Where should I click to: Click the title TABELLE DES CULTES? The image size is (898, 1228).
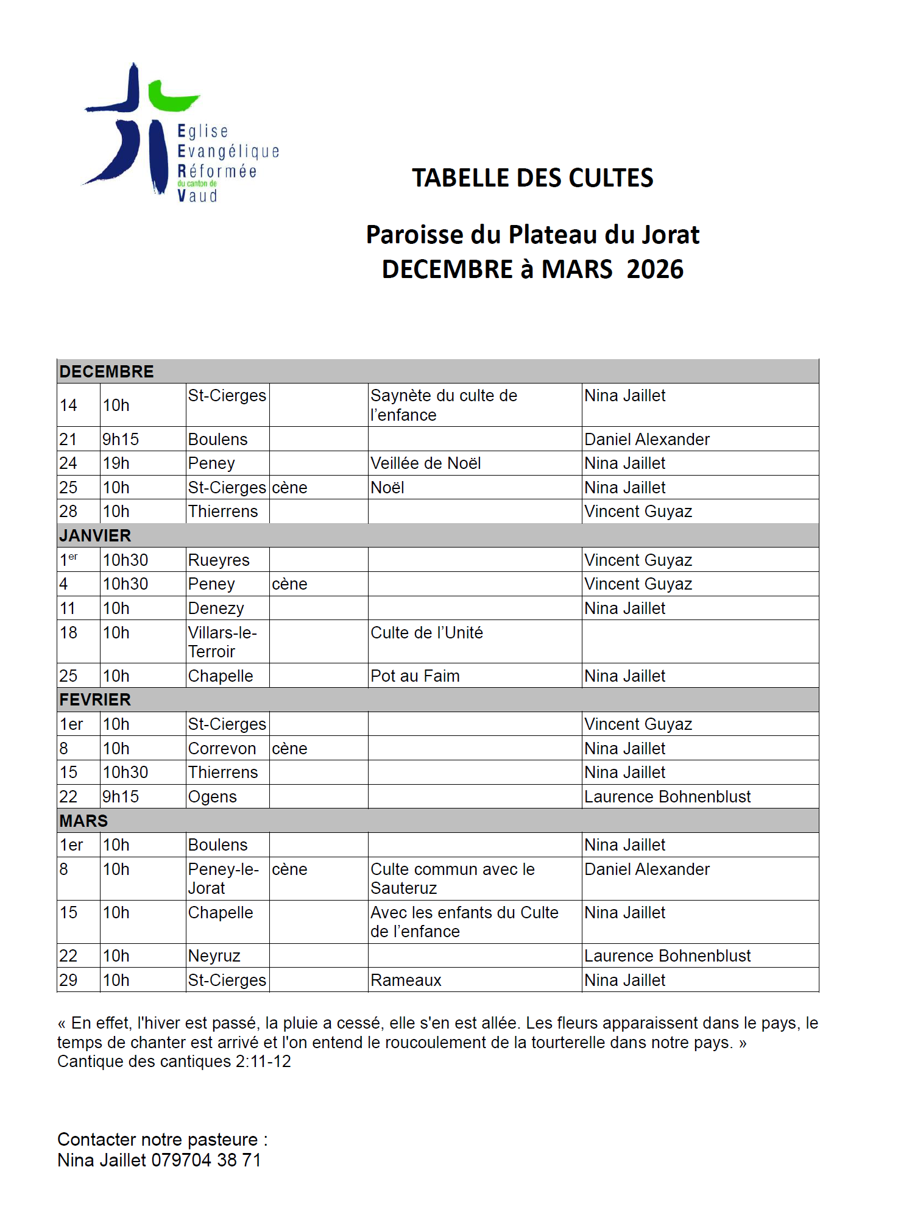[x=532, y=178]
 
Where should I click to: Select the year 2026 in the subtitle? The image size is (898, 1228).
[x=655, y=269]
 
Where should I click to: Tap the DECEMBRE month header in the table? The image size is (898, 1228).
[x=107, y=371]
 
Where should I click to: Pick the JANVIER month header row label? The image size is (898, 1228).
[x=95, y=535]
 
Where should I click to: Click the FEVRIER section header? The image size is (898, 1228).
[x=95, y=699]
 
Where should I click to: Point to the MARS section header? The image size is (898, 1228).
[x=83, y=821]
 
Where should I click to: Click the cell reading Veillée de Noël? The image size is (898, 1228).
[x=426, y=463]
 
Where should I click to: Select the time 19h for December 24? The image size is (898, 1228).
[x=116, y=463]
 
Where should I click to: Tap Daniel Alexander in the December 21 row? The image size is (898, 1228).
[x=647, y=439]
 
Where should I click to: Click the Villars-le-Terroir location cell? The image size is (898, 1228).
[x=222, y=642]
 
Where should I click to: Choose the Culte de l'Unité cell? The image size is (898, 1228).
[x=426, y=633]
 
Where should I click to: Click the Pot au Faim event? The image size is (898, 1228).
[x=415, y=676]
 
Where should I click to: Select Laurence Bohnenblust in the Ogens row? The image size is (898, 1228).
[x=667, y=796]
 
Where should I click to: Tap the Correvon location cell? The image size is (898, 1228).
[x=222, y=748]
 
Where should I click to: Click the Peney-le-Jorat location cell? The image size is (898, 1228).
[x=223, y=879]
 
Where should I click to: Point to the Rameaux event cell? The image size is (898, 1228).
[x=406, y=980]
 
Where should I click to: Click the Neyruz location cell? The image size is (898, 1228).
[x=214, y=955]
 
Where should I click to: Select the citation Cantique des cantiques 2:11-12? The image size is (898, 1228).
[x=174, y=1062]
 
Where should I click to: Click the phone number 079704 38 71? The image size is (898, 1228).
[x=206, y=1160]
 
